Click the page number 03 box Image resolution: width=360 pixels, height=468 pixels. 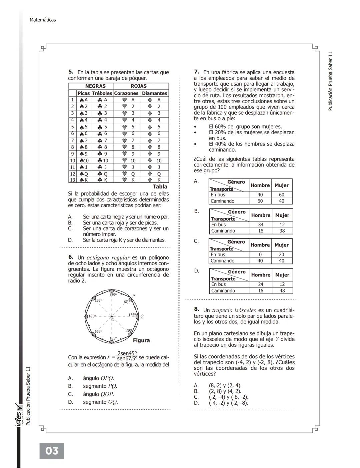pyautogui.click(x=52, y=451)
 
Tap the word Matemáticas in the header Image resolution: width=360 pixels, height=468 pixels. pyautogui.click(x=43, y=20)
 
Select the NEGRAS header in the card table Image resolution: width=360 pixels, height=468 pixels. pyautogui.click(x=95, y=86)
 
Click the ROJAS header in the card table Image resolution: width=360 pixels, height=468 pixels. pyautogui.click(x=139, y=86)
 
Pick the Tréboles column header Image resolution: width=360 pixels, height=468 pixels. pyautogui.click(x=102, y=94)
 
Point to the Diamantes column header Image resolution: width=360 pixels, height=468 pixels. pyautogui.click(x=154, y=94)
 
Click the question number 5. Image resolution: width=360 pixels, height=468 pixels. pyautogui.click(x=71, y=72)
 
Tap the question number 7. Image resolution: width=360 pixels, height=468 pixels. pyautogui.click(x=197, y=72)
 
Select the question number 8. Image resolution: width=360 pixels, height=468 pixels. pyautogui.click(x=197, y=309)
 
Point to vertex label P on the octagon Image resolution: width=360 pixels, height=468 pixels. pyautogui.click(x=133, y=296)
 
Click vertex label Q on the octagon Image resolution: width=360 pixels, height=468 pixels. pyautogui.click(x=142, y=316)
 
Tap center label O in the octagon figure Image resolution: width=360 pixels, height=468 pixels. pyautogui.click(x=113, y=319)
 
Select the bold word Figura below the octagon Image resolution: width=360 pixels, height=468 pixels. pyautogui.click(x=141, y=340)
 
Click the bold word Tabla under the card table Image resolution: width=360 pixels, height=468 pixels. pyautogui.click(x=160, y=187)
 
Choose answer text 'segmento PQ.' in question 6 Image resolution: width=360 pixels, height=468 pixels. pyautogui.click(x=100, y=386)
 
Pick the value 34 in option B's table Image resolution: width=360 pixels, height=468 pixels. pyautogui.click(x=261, y=225)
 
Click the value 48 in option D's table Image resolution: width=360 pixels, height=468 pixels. pyautogui.click(x=282, y=291)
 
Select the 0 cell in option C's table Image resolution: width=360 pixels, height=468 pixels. pyautogui.click(x=260, y=255)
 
